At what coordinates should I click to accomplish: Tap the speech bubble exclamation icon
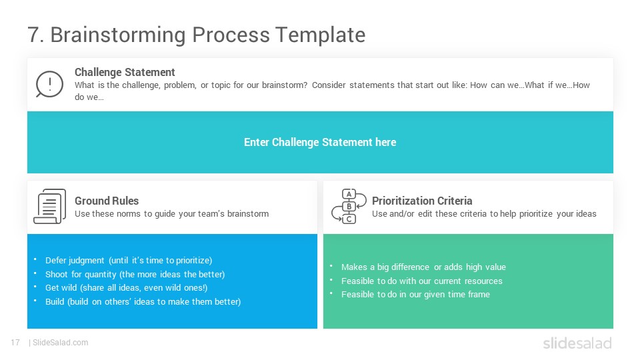pyautogui.click(x=49, y=84)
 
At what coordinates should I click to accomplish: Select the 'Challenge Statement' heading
pyautogui.click(x=125, y=72)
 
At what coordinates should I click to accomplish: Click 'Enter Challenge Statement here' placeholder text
pyautogui.click(x=320, y=142)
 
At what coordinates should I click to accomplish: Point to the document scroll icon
pyautogui.click(x=49, y=206)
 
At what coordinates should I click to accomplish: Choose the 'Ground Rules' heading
pyautogui.click(x=107, y=201)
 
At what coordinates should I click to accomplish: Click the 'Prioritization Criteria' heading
pyautogui.click(x=422, y=201)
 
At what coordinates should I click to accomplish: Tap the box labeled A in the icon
pyautogui.click(x=349, y=194)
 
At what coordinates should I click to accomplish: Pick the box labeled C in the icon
pyautogui.click(x=349, y=219)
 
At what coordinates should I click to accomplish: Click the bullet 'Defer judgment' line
pyautogui.click(x=129, y=261)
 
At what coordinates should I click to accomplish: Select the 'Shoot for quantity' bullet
pyautogui.click(x=135, y=274)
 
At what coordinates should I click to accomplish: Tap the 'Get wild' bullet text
pyautogui.click(x=126, y=288)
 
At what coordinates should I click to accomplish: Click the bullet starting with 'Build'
pyautogui.click(x=143, y=301)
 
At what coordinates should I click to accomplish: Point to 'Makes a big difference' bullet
pyautogui.click(x=423, y=267)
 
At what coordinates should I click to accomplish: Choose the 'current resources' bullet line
pyautogui.click(x=421, y=281)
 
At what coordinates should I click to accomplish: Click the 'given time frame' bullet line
pyautogui.click(x=415, y=294)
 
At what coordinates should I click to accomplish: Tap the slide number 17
pyautogui.click(x=15, y=343)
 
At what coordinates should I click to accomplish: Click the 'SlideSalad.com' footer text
pyautogui.click(x=61, y=343)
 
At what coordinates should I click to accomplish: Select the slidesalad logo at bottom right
pyautogui.click(x=577, y=343)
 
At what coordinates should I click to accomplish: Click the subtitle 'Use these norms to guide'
pyautogui.click(x=171, y=214)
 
